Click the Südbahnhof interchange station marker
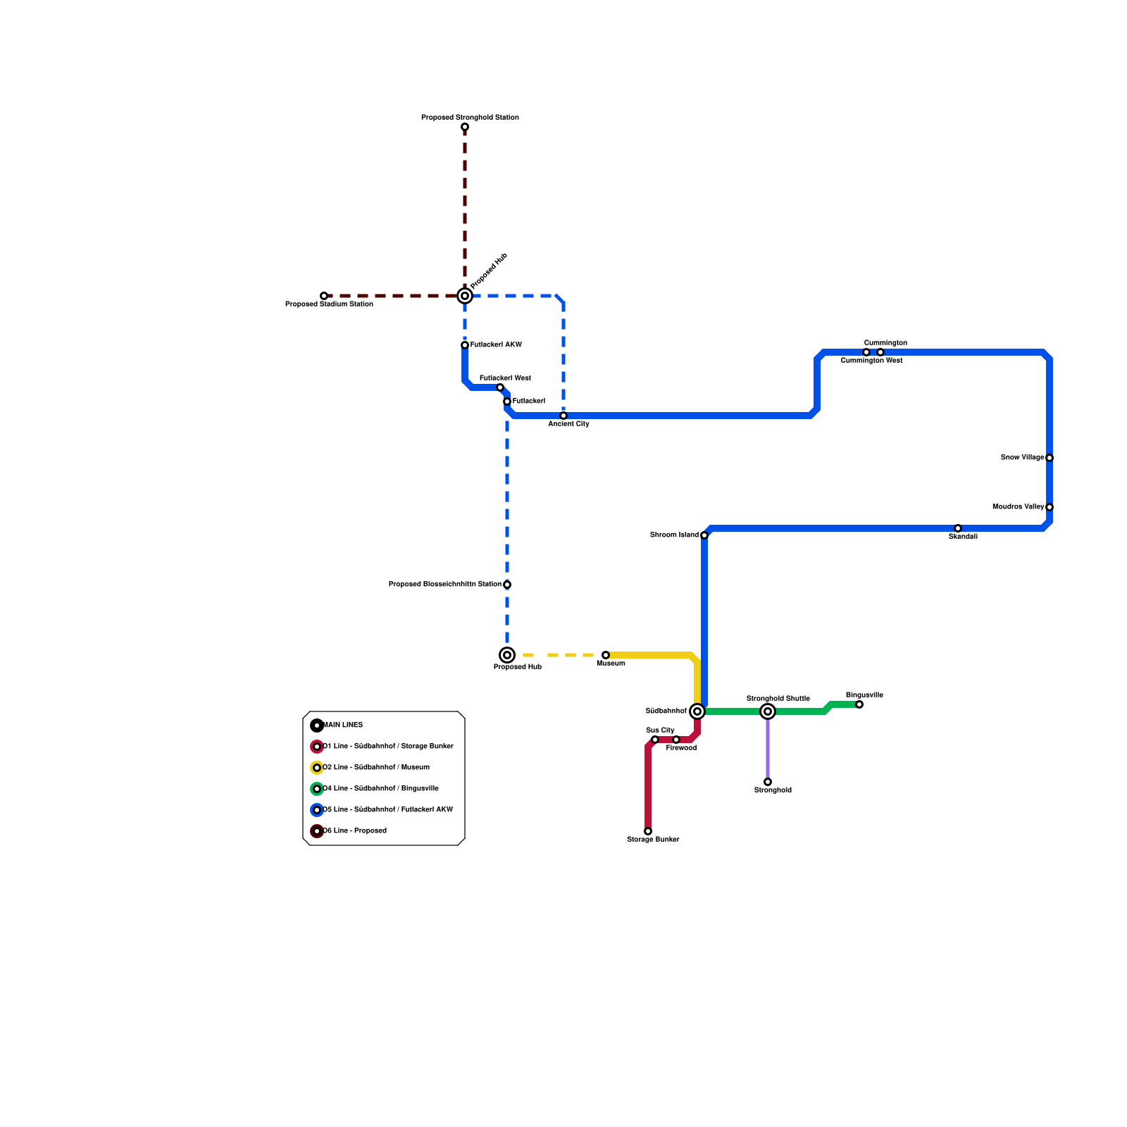[697, 711]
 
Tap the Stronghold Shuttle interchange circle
[768, 711]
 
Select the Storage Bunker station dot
[648, 831]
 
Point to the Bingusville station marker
[859, 704]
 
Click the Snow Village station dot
[1050, 458]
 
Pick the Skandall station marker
[958, 528]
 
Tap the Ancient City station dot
[563, 416]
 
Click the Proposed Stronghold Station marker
[465, 127]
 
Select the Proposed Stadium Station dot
[324, 296]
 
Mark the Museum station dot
[606, 655]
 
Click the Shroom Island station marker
[704, 535]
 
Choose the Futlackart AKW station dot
[465, 345]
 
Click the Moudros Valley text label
[1018, 507]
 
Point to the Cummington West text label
[871, 361]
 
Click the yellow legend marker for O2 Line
[317, 768]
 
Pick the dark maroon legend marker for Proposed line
[317, 831]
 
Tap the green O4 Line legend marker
[317, 789]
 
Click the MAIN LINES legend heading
[343, 726]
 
